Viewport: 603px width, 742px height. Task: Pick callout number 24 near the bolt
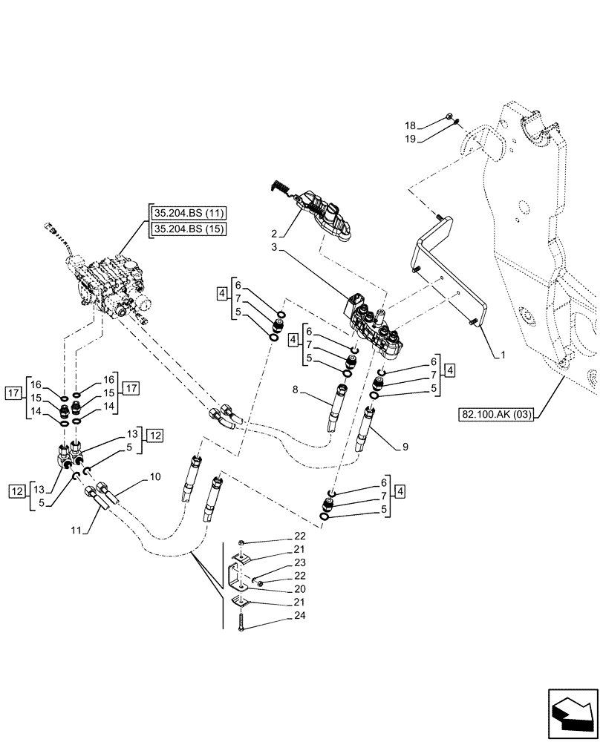[278, 615]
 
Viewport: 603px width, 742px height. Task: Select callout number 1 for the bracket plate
[503, 355]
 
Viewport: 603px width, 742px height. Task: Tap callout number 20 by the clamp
[278, 588]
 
